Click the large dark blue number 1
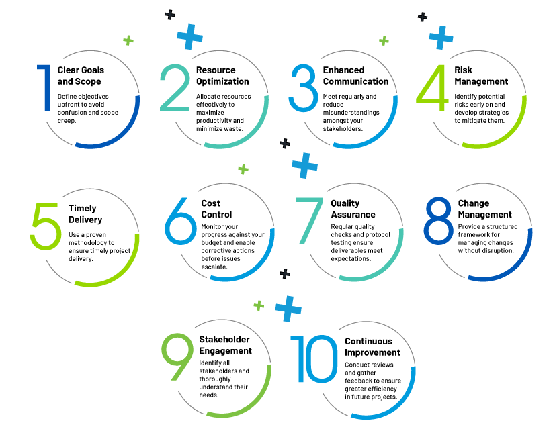46,88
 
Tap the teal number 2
175,88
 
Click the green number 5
46,226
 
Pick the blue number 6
180,222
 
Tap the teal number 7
309,221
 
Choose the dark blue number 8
438,221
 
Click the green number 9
177,357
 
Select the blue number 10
314,358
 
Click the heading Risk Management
481,76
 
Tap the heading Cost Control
216,209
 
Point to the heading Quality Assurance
353,209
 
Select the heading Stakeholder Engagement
225,345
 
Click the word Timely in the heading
83,209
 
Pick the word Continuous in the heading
368,342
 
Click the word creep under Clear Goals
67,121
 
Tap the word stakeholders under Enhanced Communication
343,129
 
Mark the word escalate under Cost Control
214,267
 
